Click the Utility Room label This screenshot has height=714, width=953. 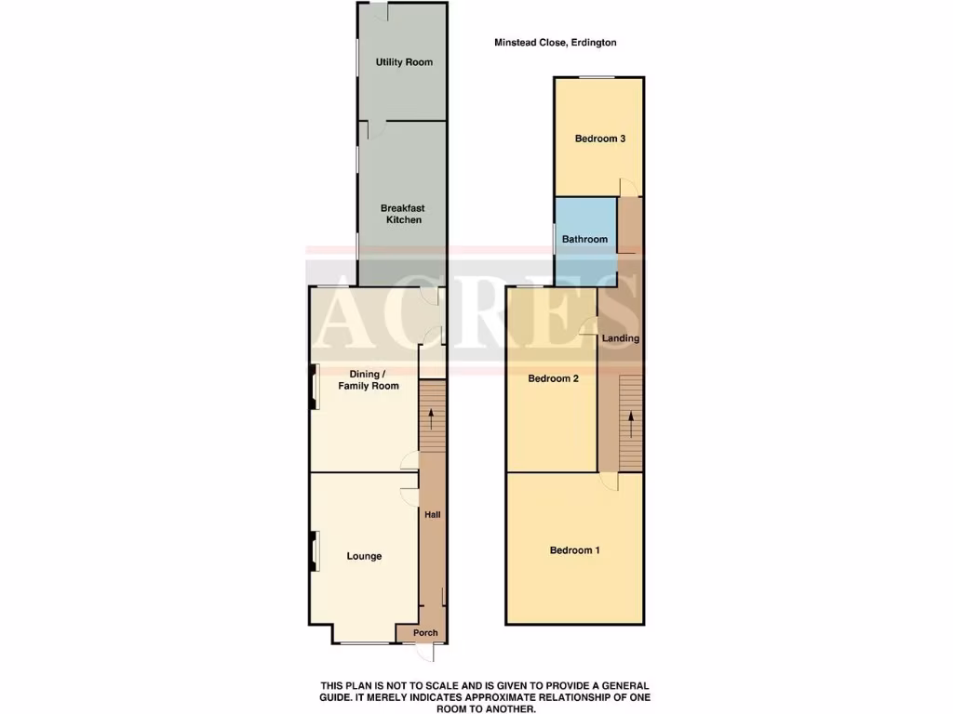tap(404, 62)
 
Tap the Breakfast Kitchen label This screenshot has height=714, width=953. tap(402, 214)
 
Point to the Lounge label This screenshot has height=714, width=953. tap(364, 556)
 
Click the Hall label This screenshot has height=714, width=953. tap(432, 514)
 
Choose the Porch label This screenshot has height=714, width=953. tap(425, 633)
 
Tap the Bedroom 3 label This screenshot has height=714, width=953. tap(599, 139)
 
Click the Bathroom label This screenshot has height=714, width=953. tap(584, 239)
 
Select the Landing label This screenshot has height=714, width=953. tap(621, 338)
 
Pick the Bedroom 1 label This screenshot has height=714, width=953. tap(574, 550)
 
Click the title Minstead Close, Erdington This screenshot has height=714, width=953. tap(555, 42)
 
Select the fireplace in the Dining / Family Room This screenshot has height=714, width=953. tap(314, 386)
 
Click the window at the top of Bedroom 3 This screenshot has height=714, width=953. tap(598, 77)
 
